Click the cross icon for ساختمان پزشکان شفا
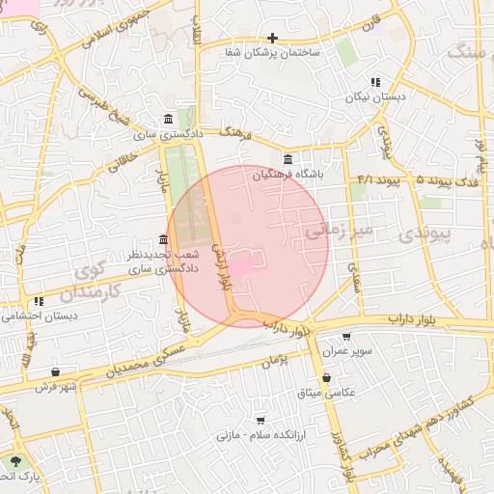tap(273, 39)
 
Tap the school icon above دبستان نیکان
tap(374, 83)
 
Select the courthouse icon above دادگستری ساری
tap(170, 120)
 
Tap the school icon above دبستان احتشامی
tap(39, 302)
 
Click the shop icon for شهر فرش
tap(55, 371)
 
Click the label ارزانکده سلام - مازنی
tap(261, 435)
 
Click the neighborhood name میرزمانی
tap(338, 231)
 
